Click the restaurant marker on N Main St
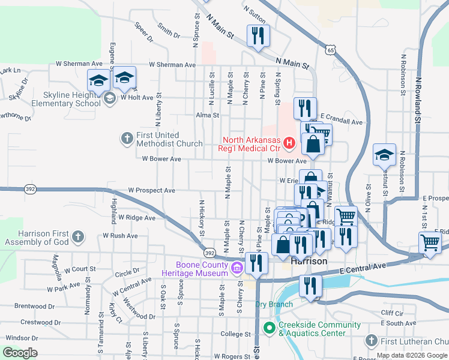pyautogui.click(x=258, y=35)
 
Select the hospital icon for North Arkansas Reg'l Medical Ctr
pyautogui.click(x=289, y=143)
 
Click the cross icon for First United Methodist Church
pyautogui.click(x=126, y=139)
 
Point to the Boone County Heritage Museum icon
pyautogui.click(x=237, y=267)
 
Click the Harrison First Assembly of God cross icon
pyautogui.click(x=77, y=237)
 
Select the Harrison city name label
pyautogui.click(x=309, y=262)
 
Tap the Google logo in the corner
pyautogui.click(x=20, y=353)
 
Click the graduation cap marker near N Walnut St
pyautogui.click(x=384, y=155)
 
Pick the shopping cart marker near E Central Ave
pyautogui.click(x=430, y=243)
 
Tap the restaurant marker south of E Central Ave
pyautogui.click(x=310, y=286)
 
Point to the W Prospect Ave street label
pyautogui.click(x=151, y=191)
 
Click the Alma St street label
pyautogui.click(x=208, y=115)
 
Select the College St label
pyautogui.click(x=235, y=334)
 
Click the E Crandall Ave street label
pyautogui.click(x=342, y=122)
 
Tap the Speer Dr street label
pyautogui.click(x=144, y=32)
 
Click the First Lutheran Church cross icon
pyautogui.click(x=370, y=341)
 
